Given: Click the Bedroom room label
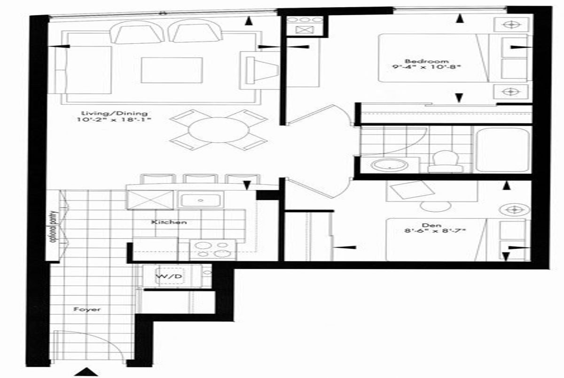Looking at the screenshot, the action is coord(427,61).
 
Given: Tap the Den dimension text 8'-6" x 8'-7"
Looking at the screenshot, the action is coord(435,231).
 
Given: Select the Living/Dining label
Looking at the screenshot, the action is coord(114,114).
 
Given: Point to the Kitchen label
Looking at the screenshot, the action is coord(169,222).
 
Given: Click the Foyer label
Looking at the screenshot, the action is coord(87,309).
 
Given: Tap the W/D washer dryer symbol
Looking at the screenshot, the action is coord(169,277).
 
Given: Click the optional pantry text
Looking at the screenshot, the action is coord(54,226).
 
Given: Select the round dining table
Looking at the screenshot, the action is coord(219,130).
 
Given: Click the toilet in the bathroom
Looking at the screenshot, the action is coord(446,162).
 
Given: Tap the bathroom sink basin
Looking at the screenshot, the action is coord(390,165).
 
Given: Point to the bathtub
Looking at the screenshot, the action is coord(503,150).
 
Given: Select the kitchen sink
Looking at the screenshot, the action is coord(201,200).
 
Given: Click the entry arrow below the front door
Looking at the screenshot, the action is coord(87,372).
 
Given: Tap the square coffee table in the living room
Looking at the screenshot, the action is coord(172,70).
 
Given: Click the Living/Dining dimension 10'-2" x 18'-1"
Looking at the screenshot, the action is coord(114,120).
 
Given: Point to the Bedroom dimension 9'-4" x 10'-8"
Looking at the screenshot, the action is coord(425,68).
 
